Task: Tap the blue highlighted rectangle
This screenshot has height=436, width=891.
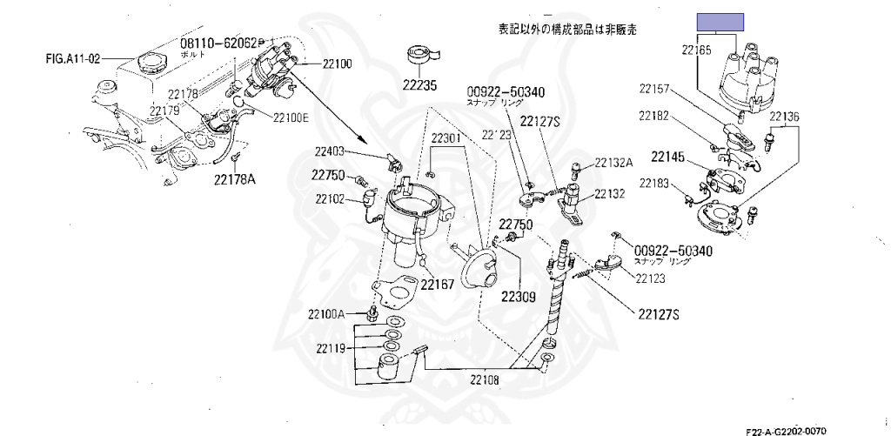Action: (x=719, y=23)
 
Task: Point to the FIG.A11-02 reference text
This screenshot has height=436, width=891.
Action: (x=74, y=60)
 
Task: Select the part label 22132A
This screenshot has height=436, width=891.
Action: (x=614, y=163)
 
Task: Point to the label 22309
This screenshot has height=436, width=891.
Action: (x=518, y=296)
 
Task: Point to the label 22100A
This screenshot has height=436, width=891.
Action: (x=327, y=313)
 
